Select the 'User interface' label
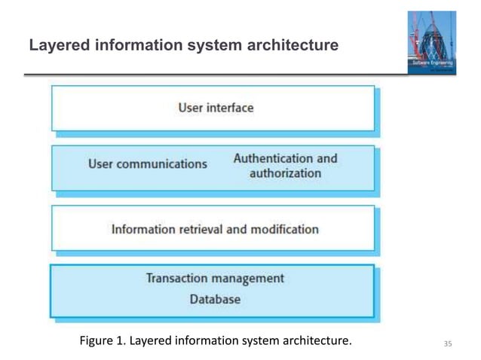(216, 108)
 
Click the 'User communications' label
(147, 163)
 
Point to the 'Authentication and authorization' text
(285, 166)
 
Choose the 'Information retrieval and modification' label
(215, 229)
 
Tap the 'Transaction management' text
(215, 278)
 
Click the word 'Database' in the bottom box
(215, 299)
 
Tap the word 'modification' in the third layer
(283, 229)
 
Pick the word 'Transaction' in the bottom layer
(179, 278)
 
